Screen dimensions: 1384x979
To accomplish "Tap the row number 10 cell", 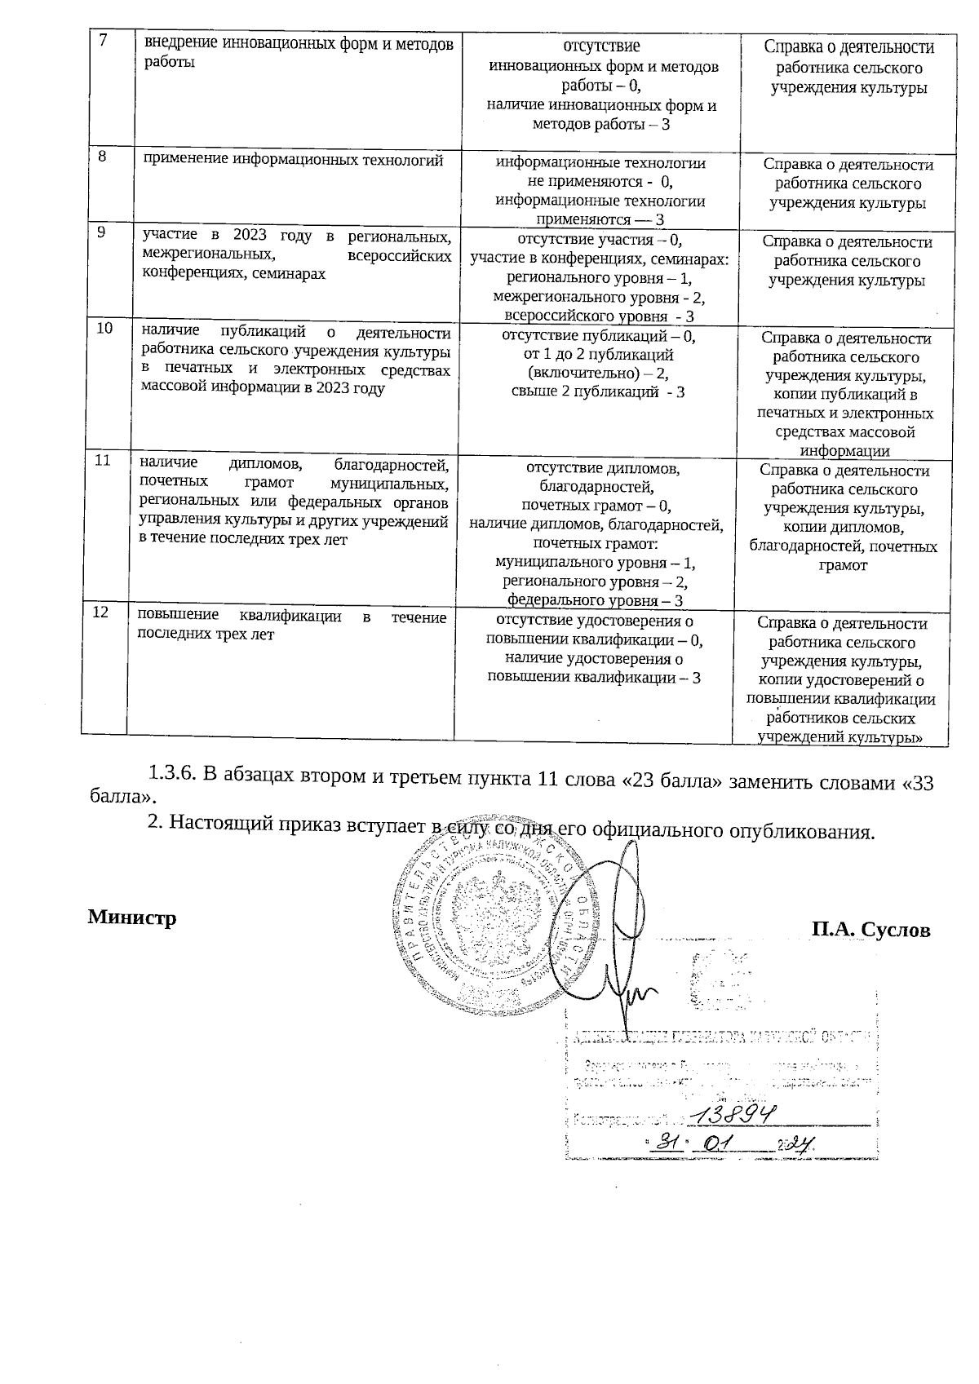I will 105,329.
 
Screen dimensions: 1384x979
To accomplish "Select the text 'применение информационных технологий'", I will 293,160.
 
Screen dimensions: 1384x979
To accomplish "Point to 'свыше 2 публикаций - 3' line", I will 598,392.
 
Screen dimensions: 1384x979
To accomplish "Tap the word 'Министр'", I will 132,918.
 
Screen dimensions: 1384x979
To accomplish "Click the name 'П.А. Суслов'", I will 870,930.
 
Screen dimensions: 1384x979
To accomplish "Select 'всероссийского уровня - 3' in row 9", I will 600,316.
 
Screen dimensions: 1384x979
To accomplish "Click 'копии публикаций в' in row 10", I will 844,396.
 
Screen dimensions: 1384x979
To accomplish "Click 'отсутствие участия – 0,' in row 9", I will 600,240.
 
